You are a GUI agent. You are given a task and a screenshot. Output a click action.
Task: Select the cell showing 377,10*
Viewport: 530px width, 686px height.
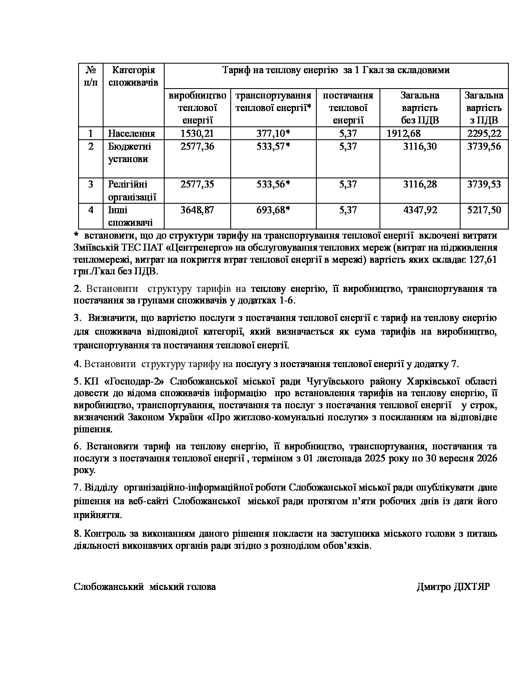pos(273,133)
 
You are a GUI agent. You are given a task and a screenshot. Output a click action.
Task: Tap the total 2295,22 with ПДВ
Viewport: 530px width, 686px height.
pos(484,133)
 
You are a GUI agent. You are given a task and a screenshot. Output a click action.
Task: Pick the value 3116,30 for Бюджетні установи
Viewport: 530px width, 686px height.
pos(420,146)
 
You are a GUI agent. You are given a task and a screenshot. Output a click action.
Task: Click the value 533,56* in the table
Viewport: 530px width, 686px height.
pos(273,184)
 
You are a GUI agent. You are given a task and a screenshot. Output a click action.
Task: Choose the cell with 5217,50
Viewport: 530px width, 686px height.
pos(484,210)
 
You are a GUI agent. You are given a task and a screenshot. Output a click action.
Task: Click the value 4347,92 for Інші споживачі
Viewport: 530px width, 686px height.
pos(420,210)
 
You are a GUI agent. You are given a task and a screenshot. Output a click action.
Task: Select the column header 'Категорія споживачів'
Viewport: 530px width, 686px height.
pos(133,76)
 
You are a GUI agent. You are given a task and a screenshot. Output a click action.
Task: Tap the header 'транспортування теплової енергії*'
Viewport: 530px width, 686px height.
pos(273,101)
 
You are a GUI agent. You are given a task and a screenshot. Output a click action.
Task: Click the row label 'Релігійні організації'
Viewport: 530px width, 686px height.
pos(132,190)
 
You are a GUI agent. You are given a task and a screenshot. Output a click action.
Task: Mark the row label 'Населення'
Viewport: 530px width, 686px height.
pos(131,133)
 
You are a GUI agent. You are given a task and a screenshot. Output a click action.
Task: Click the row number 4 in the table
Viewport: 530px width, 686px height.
pos(91,210)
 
